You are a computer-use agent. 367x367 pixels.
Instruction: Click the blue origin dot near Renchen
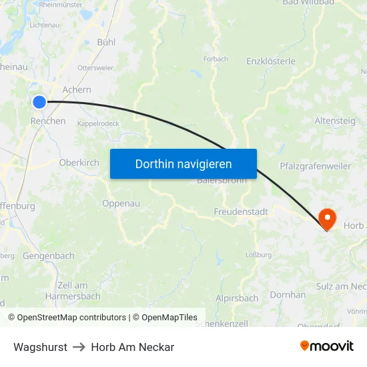pyautogui.click(x=39, y=102)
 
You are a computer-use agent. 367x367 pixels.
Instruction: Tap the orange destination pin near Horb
pyautogui.click(x=328, y=218)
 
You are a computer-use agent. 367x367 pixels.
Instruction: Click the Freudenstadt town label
pyautogui.click(x=241, y=212)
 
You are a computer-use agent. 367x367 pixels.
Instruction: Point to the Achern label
pyautogui.click(x=76, y=89)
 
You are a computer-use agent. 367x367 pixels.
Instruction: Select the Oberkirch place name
pyautogui.click(x=79, y=162)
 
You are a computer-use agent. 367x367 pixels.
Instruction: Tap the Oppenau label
pyautogui.click(x=121, y=204)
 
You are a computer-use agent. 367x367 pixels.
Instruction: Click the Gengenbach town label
pyautogui.click(x=49, y=256)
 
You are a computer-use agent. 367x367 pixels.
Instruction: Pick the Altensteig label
pyautogui.click(x=335, y=121)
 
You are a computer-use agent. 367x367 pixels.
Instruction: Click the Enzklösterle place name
pyautogui.click(x=271, y=61)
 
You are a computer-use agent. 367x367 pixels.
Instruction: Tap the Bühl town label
pyautogui.click(x=106, y=41)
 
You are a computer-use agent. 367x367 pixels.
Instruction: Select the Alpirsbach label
pyautogui.click(x=237, y=298)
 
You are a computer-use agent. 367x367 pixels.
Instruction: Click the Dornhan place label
pyautogui.click(x=288, y=294)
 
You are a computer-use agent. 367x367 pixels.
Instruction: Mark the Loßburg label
pyautogui.click(x=259, y=254)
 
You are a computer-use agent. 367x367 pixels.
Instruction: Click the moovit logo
pyautogui.click(x=326, y=346)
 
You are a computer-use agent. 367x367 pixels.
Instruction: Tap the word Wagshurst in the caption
pyautogui.click(x=40, y=347)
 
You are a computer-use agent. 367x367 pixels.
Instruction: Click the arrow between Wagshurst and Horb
pyautogui.click(x=79, y=347)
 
